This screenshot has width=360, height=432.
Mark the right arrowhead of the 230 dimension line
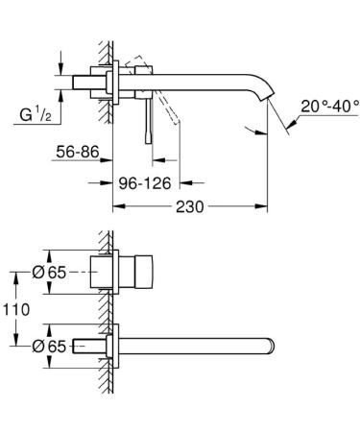(261, 205)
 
